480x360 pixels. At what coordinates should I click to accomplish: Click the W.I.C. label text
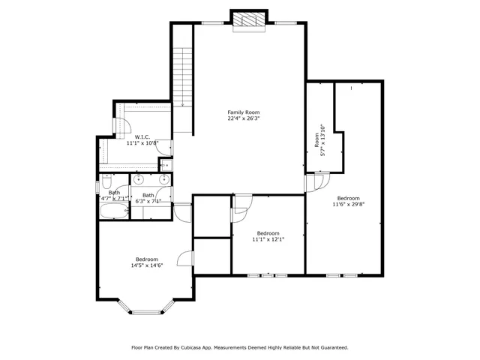pyautogui.click(x=142, y=136)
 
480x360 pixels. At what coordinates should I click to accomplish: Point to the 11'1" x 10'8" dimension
pyautogui.click(x=142, y=142)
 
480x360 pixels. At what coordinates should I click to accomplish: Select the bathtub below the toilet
pyautogui.click(x=115, y=211)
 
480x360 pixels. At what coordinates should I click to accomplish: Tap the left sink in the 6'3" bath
pyautogui.click(x=138, y=179)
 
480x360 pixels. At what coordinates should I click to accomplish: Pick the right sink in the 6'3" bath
pyautogui.click(x=163, y=179)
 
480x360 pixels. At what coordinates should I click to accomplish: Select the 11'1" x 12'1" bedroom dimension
pyautogui.click(x=268, y=239)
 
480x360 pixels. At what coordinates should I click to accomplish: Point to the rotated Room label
pyautogui.click(x=316, y=140)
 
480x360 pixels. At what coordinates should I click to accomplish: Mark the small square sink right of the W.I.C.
pyautogui.click(x=166, y=165)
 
